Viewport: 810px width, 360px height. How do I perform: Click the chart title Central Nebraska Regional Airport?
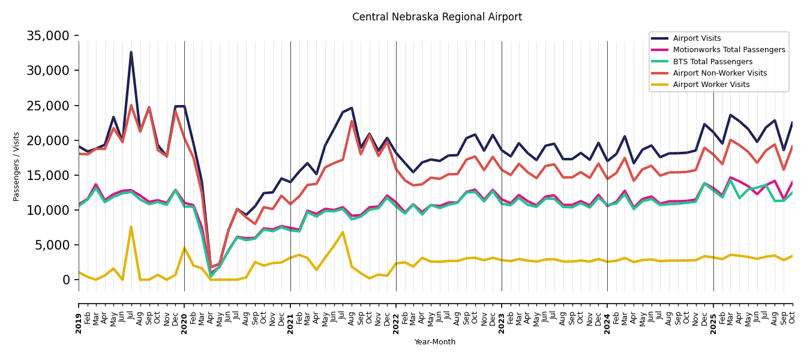click(437, 17)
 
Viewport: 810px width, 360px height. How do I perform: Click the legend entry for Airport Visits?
click(697, 38)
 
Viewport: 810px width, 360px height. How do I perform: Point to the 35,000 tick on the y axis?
click(48, 36)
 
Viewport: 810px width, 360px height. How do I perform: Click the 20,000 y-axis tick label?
click(48, 140)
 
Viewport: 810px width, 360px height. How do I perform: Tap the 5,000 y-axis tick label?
click(52, 245)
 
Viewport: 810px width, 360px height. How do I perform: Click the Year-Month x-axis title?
click(435, 342)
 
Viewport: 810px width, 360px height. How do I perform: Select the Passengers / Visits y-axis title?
click(17, 166)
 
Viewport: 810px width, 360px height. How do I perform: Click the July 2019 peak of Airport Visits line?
click(131, 52)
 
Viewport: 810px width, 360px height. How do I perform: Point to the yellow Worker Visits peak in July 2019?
click(131, 227)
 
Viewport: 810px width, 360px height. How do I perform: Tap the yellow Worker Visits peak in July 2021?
click(343, 232)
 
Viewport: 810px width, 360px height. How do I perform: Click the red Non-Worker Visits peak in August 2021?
click(352, 121)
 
